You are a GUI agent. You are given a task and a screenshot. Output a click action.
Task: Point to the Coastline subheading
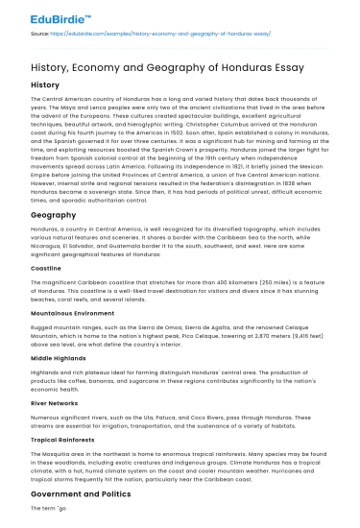tap(48, 268)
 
